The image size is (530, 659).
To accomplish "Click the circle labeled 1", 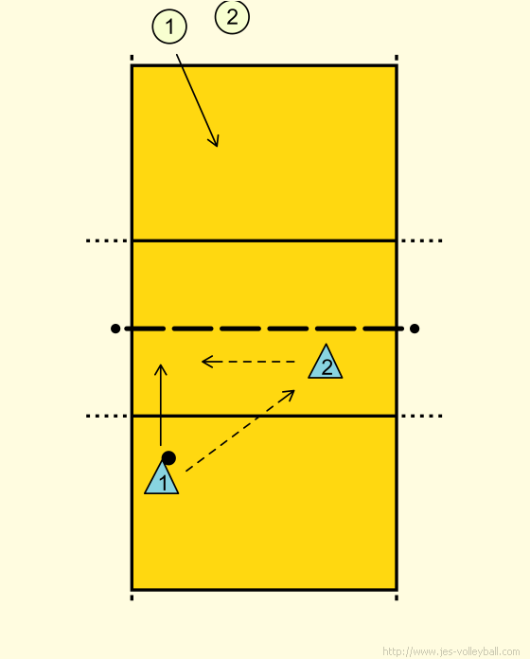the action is click(x=169, y=27).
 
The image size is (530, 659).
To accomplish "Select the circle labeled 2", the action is click(x=232, y=16).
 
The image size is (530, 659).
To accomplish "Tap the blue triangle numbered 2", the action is click(x=326, y=364).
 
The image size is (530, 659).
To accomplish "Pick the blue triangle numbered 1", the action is click(x=162, y=478).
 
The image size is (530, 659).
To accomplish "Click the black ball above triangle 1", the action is click(x=168, y=458).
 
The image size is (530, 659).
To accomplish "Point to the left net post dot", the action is click(x=115, y=329).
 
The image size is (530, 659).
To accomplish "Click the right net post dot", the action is click(x=415, y=329).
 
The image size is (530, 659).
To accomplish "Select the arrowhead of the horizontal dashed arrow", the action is click(x=202, y=362).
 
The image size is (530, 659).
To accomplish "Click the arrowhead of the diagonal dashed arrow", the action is click(x=294, y=390).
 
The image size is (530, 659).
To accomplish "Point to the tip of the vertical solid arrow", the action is click(x=161, y=364).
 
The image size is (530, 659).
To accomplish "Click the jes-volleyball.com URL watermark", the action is click(x=450, y=651).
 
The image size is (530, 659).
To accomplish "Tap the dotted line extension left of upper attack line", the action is click(x=107, y=240).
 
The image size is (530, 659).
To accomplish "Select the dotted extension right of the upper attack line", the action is click(x=422, y=240).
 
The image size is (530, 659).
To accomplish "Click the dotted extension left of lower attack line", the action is click(x=107, y=416).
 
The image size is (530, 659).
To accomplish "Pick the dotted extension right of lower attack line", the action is click(x=422, y=416).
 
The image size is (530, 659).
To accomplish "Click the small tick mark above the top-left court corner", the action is click(x=132, y=58).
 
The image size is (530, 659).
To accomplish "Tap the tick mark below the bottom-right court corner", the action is click(x=397, y=597).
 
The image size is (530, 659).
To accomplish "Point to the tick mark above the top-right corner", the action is click(x=397, y=58).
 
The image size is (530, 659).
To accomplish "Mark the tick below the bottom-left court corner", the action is click(x=132, y=597).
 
